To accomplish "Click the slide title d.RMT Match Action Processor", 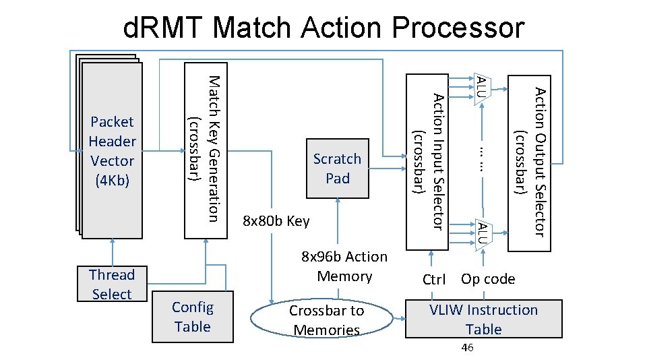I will pos(323,28).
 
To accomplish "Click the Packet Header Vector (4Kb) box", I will pos(112,151).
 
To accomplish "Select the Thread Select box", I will pos(112,284).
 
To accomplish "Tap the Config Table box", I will pos(192,317).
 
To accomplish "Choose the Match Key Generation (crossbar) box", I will pos(204,150).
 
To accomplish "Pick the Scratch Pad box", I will pos(338,169).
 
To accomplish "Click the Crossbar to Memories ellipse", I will pos(326,320).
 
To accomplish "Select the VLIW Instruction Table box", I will pos(484,320).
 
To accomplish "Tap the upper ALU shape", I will pos(483,88).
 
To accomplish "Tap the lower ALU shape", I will pos(483,231).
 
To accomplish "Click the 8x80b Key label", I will pos(276,221).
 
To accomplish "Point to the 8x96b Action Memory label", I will pos(344,266).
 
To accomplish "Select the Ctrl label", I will pos(433,280).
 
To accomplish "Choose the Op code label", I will pos(488,279).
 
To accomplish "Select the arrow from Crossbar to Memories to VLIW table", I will pos(399,320).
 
